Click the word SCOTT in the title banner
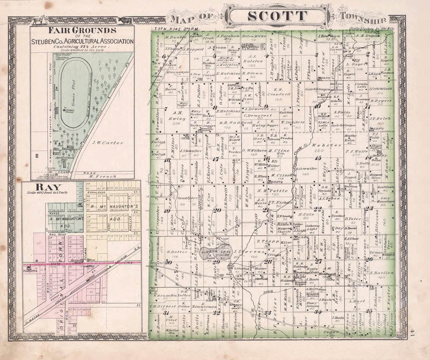click(x=278, y=16)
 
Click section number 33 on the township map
click(x=267, y=313)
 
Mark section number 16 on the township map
click(x=267, y=158)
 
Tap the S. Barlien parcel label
click(x=377, y=273)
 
